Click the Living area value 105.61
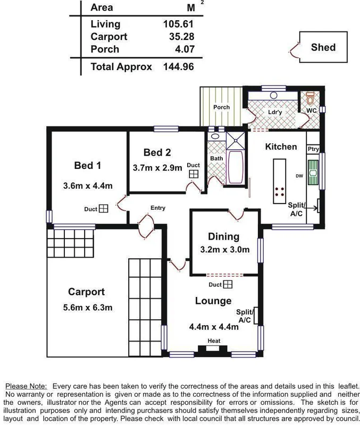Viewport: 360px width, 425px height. pyautogui.click(x=178, y=24)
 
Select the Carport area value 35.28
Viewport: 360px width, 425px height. pyautogui.click(x=180, y=37)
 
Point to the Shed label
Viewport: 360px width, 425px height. pyautogui.click(x=323, y=47)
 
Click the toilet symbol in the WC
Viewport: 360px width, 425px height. pyautogui.click(x=311, y=99)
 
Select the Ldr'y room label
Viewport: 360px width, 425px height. pyautogui.click(x=275, y=112)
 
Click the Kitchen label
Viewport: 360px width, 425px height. pyautogui.click(x=281, y=147)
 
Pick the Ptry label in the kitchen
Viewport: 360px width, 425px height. pyautogui.click(x=313, y=149)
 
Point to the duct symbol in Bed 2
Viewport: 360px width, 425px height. pyautogui.click(x=194, y=174)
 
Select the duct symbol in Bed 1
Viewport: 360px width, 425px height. pyautogui.click(x=103, y=209)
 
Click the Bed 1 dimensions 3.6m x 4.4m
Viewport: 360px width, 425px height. pyautogui.click(x=87, y=186)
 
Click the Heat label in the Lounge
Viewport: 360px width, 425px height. pyautogui.click(x=214, y=341)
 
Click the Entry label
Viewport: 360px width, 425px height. pyautogui.click(x=158, y=208)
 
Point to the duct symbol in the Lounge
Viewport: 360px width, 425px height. pyautogui.click(x=228, y=285)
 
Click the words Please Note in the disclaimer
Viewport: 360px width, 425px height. pyautogui.click(x=26, y=386)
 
